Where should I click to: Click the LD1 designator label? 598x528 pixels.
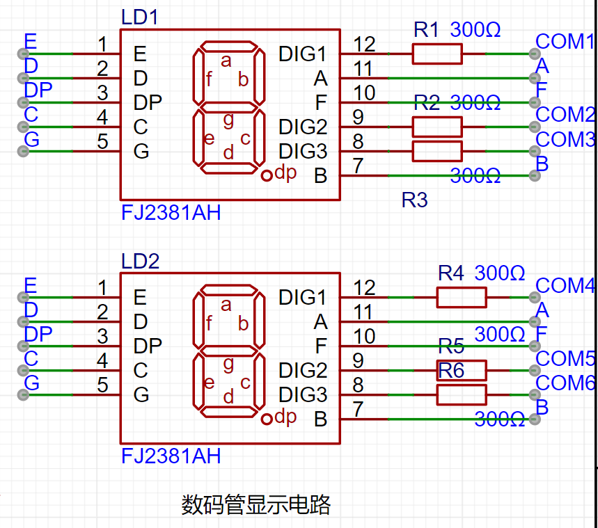pyautogui.click(x=140, y=17)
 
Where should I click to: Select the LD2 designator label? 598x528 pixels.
pyautogui.click(x=140, y=261)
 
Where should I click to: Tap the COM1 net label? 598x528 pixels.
pyautogui.click(x=565, y=41)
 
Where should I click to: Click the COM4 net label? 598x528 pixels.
pyautogui.click(x=565, y=285)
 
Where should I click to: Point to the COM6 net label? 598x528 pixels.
pyautogui.click(x=565, y=383)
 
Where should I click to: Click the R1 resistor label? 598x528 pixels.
pyautogui.click(x=426, y=29)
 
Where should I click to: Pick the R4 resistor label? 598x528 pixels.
pyautogui.click(x=451, y=273)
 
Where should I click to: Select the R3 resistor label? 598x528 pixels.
pyautogui.click(x=414, y=200)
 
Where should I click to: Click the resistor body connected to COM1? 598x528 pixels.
pyautogui.click(x=437, y=54)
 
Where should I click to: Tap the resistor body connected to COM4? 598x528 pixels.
pyautogui.click(x=462, y=297)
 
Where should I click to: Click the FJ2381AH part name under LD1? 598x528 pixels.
pyautogui.click(x=171, y=212)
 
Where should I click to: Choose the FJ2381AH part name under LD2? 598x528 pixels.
pyautogui.click(x=171, y=456)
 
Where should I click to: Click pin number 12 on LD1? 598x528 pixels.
pyautogui.click(x=364, y=44)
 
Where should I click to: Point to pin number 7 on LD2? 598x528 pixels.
pyautogui.click(x=358, y=409)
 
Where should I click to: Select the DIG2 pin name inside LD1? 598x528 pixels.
pyautogui.click(x=303, y=127)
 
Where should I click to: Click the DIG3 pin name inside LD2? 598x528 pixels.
pyautogui.click(x=303, y=394)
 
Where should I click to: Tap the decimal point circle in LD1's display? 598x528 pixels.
pyautogui.click(x=267, y=175)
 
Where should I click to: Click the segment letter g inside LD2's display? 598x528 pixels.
pyautogui.click(x=228, y=365)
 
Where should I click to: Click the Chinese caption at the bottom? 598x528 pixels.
pyautogui.click(x=255, y=504)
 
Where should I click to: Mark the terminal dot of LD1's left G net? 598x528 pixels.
pyautogui.click(x=23, y=152)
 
